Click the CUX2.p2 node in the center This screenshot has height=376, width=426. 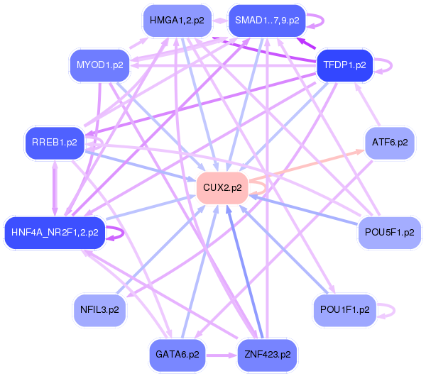pos(222,188)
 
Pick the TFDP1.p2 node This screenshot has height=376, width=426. pos(344,65)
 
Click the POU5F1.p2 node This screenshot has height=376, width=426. pos(389,231)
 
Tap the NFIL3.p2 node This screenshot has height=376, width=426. pos(100,309)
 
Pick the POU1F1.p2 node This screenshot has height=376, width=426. pos(344,309)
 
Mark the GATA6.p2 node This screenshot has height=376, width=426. pos(177,353)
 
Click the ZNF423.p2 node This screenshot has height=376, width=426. pos(267,353)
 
